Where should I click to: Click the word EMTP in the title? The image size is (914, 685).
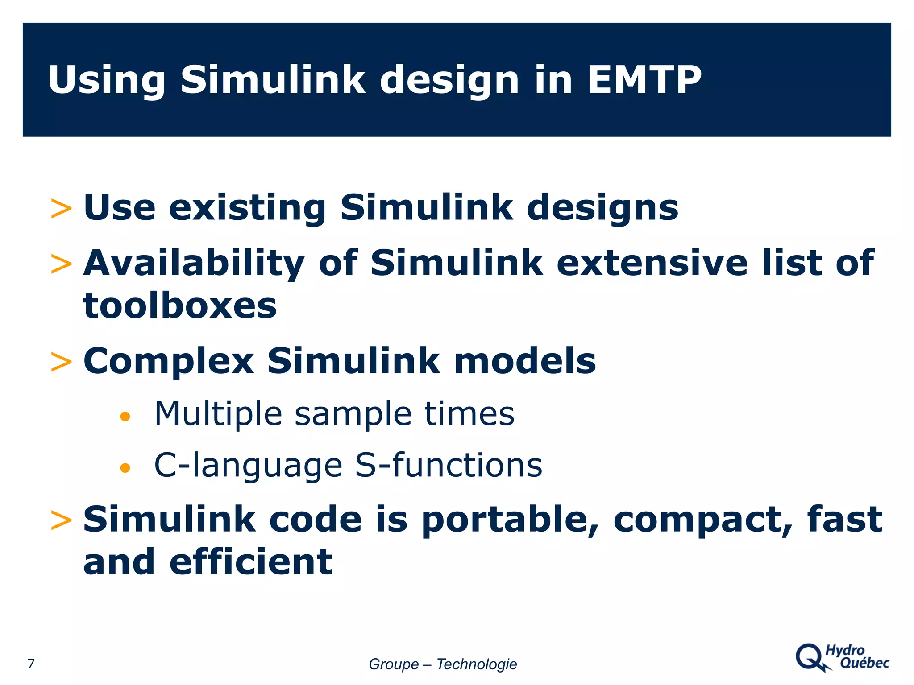[644, 80]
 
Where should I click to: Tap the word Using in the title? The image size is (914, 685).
[106, 80]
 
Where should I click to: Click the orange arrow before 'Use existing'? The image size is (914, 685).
[61, 209]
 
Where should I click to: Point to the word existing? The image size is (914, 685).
[247, 208]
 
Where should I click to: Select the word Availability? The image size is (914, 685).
[194, 263]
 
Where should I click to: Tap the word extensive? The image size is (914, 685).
[652, 263]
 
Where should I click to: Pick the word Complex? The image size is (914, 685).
[169, 361]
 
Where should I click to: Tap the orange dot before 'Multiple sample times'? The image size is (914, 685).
[125, 417]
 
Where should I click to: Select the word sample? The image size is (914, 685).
[353, 414]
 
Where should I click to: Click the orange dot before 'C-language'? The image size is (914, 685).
[125, 468]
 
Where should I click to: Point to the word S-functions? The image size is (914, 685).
[449, 465]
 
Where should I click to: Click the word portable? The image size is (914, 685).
[509, 520]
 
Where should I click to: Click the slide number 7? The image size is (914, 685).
[31, 664]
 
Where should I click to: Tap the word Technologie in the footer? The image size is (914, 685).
[476, 664]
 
